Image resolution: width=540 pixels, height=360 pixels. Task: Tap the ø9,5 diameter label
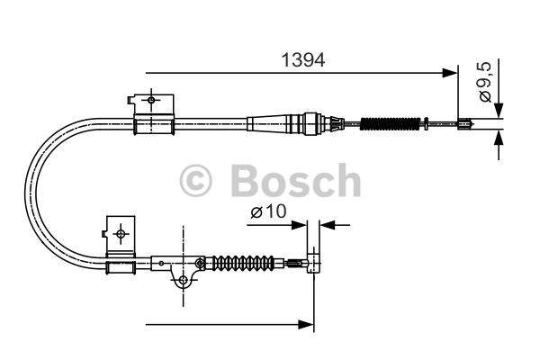(484, 82)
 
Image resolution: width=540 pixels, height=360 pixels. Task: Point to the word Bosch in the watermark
(295, 180)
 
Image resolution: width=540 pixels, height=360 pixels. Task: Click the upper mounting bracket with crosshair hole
(150, 101)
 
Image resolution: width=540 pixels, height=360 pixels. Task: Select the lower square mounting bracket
(119, 233)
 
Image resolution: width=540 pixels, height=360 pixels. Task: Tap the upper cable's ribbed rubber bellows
(391, 124)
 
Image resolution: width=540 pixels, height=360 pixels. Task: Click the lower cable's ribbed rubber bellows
(243, 263)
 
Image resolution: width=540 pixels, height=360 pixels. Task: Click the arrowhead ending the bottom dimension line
(307, 321)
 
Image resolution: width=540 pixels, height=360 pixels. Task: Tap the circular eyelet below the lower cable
(184, 281)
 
